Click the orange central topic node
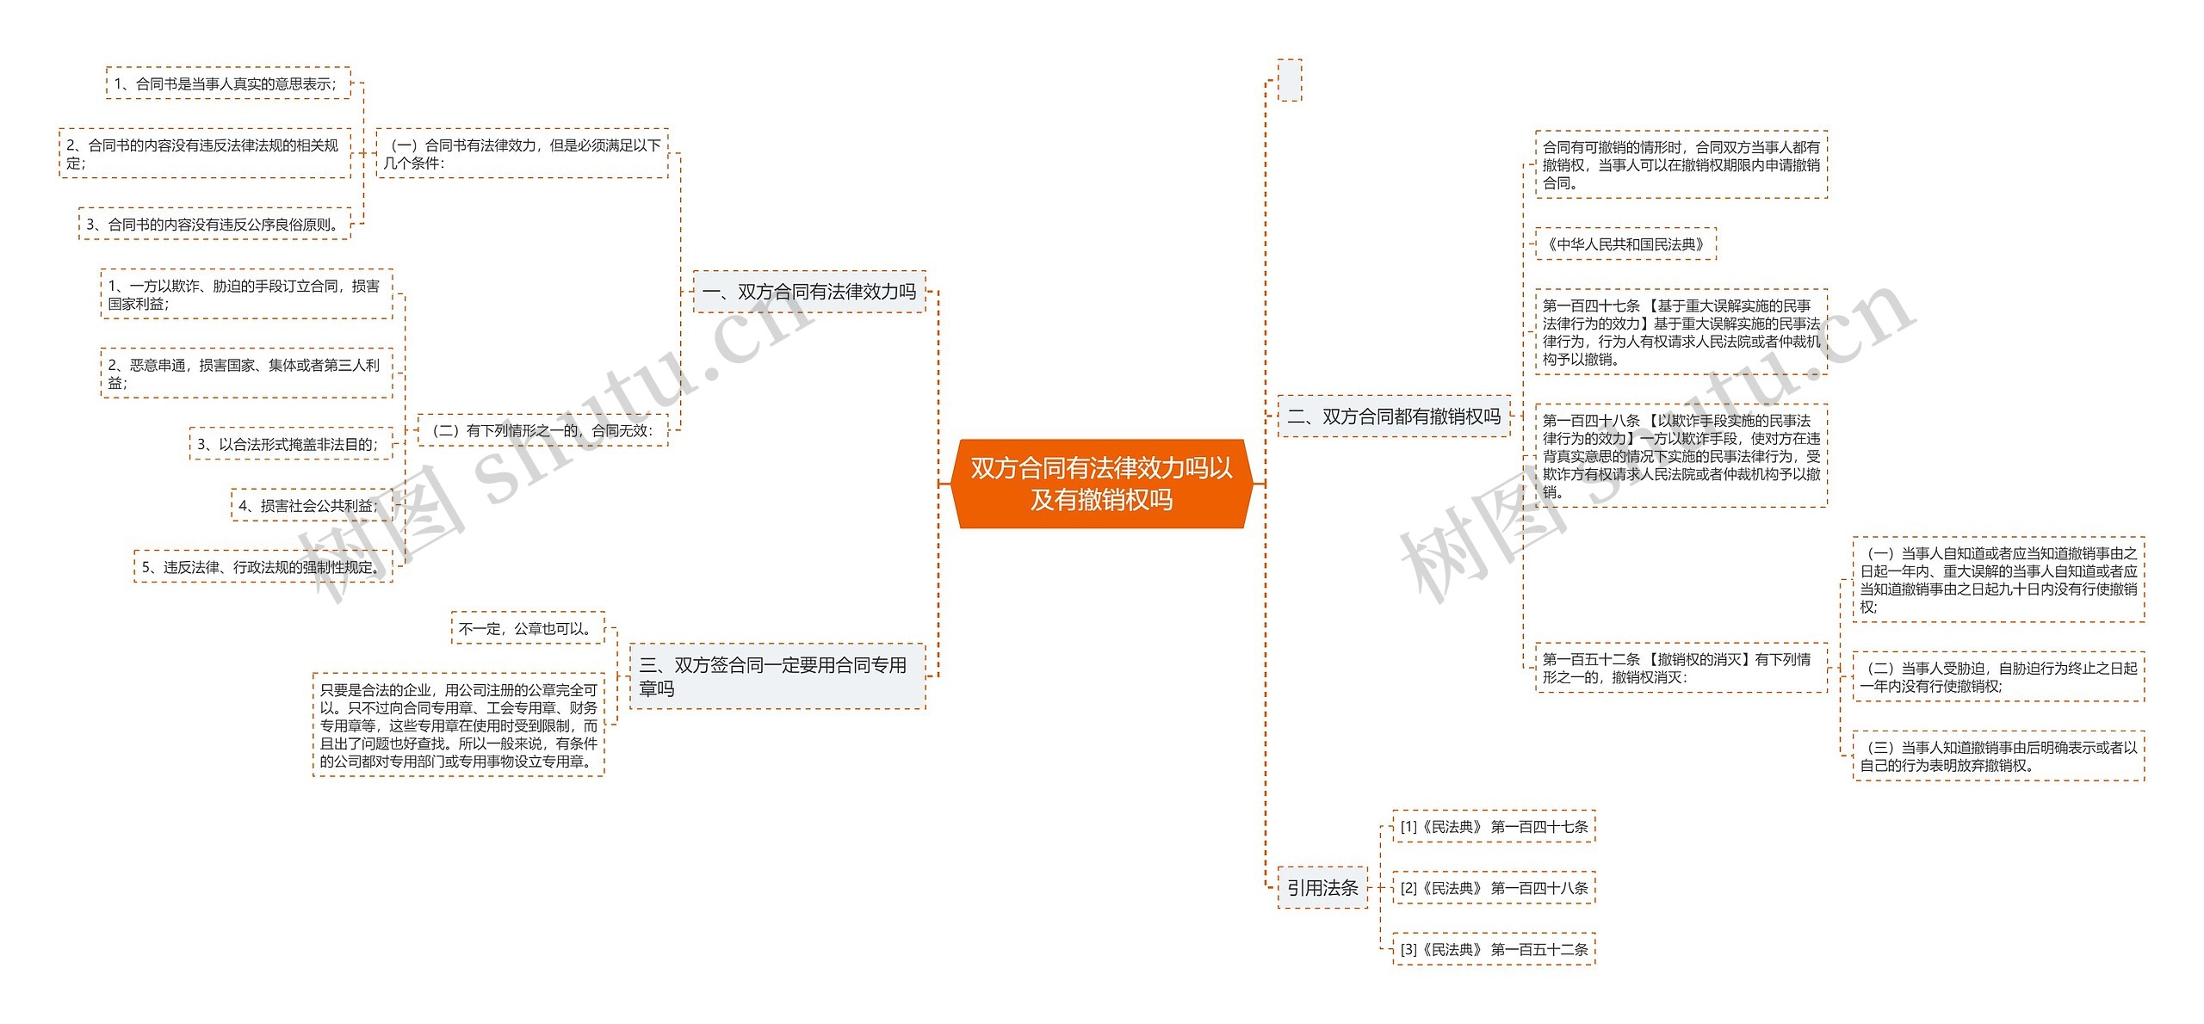1101,484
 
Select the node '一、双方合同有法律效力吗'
808,292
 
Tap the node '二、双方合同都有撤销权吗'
1393,416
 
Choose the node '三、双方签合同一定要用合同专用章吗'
777,676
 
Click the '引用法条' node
1322,888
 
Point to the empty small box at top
1289,80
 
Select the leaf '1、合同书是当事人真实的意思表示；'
228,83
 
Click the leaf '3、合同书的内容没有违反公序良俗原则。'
214,225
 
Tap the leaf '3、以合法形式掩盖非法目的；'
290,444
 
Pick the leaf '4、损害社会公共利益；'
311,506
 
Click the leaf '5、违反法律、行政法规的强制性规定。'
263,567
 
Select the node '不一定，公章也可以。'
528,629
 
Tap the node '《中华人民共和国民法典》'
1625,244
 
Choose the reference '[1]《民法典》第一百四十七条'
1494,827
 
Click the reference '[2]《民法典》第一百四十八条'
1494,888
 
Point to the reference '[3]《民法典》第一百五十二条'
1494,950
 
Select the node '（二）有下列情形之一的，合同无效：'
542,430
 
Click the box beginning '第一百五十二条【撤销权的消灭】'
1681,669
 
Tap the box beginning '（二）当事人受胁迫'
1998,677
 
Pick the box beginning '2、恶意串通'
246,373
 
